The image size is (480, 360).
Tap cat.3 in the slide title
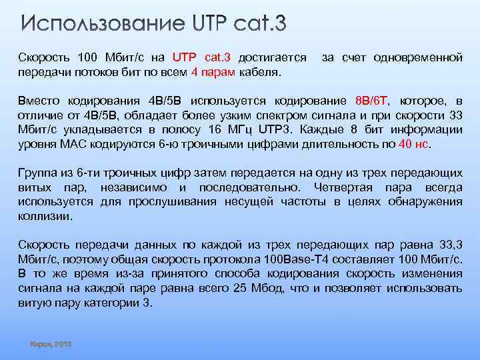[x=259, y=25]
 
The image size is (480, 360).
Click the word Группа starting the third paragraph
[x=37, y=173]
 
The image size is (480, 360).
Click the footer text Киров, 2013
[x=51, y=344]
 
